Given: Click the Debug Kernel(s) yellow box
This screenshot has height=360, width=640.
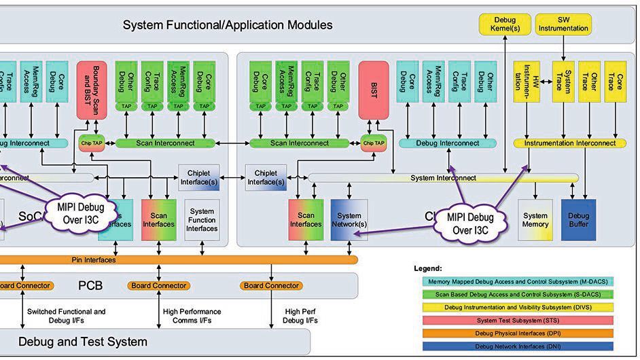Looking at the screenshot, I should pyautogui.click(x=505, y=24).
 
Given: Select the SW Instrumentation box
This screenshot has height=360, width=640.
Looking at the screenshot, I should pyautogui.click(x=563, y=24).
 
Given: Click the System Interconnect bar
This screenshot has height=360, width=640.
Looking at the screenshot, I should pyautogui.click(x=443, y=178).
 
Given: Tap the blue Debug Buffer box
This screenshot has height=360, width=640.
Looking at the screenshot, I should pyautogui.click(x=578, y=220).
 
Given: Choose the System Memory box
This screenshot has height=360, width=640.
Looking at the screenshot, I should pyautogui.click(x=535, y=220).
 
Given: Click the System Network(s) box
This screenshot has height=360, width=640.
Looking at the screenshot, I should pyautogui.click(x=350, y=220).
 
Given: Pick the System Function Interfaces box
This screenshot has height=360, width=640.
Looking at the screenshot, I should pyautogui.click(x=202, y=220).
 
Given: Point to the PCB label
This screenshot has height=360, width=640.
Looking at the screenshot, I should pyautogui.click(x=90, y=285).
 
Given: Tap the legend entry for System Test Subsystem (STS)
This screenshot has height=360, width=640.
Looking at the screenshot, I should pyautogui.click(x=514, y=321).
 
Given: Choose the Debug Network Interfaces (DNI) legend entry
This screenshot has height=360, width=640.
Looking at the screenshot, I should pyautogui.click(x=514, y=346).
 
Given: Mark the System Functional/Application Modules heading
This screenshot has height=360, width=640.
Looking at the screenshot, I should pyautogui.click(x=228, y=25).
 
